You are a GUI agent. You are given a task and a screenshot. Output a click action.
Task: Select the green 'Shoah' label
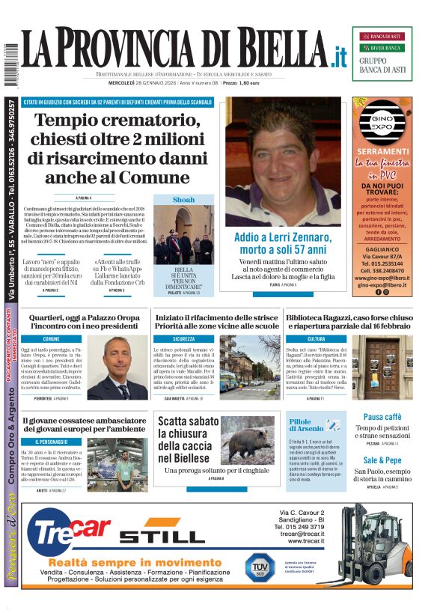[x=183, y=200]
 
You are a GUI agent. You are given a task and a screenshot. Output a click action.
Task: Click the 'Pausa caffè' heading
[x=382, y=417]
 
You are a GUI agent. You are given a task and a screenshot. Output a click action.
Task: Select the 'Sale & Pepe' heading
[x=382, y=460]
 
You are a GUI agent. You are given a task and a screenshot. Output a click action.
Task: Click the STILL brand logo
[x=162, y=535]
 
